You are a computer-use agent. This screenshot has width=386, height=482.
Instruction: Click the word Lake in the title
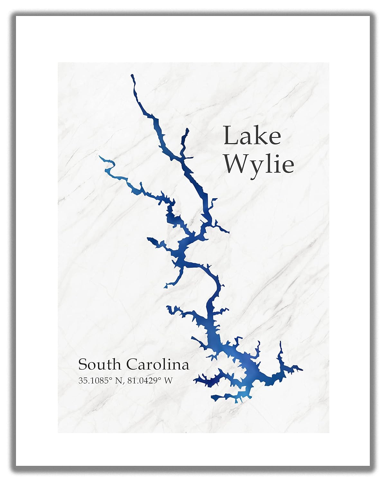[253, 136]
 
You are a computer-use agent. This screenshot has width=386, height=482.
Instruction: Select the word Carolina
[157, 365]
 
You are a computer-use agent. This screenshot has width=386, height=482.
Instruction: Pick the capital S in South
[83, 365]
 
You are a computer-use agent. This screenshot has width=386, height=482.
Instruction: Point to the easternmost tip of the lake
[302, 370]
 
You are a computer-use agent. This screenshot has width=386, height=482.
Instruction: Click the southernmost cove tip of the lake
[213, 399]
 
